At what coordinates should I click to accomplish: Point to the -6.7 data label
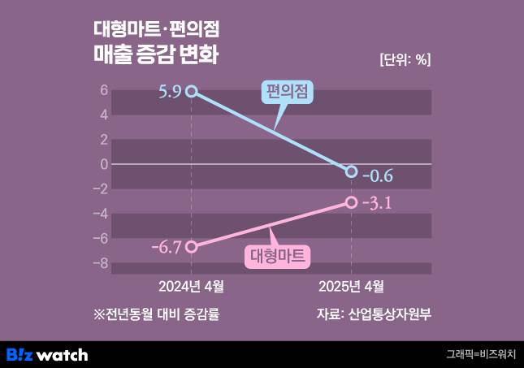167,247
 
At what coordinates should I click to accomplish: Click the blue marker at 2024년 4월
191,91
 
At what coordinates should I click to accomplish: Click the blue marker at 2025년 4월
351,171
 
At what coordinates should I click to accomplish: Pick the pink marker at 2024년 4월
191,246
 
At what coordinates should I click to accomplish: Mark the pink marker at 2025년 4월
351,202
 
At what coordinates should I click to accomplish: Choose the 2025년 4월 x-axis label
351,286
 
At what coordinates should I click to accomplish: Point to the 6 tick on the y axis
104,90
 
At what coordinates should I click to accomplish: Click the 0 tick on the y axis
104,164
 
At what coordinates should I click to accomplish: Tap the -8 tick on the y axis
101,263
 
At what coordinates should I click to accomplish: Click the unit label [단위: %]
405,59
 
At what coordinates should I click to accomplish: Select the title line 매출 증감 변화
158,58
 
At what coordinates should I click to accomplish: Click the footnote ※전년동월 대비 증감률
157,314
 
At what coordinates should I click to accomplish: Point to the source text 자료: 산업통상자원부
374,314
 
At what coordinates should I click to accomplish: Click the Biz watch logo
47,354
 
